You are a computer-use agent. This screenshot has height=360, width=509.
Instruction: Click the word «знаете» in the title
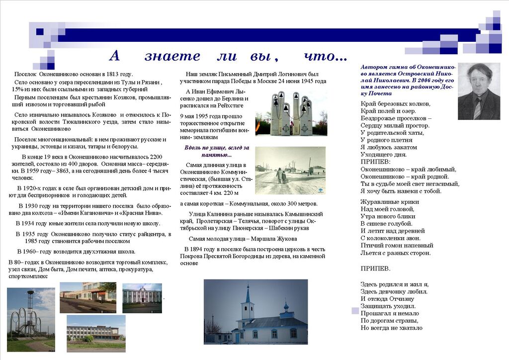(172, 56)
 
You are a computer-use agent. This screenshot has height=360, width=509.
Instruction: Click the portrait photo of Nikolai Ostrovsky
(479, 91)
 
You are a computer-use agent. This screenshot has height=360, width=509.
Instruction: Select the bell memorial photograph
(291, 113)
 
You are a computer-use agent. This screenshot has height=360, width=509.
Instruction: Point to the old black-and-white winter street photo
(290, 171)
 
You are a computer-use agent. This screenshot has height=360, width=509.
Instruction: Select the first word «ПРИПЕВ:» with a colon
(375, 162)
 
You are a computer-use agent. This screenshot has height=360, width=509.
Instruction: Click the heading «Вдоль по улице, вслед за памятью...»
(217, 152)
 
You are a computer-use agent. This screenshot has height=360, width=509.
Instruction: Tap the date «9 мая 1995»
(196, 116)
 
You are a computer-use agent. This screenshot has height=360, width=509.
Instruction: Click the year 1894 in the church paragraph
(195, 249)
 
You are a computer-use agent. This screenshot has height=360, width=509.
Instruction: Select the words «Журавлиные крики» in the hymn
(389, 202)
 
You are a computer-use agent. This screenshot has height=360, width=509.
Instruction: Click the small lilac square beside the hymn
(355, 311)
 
